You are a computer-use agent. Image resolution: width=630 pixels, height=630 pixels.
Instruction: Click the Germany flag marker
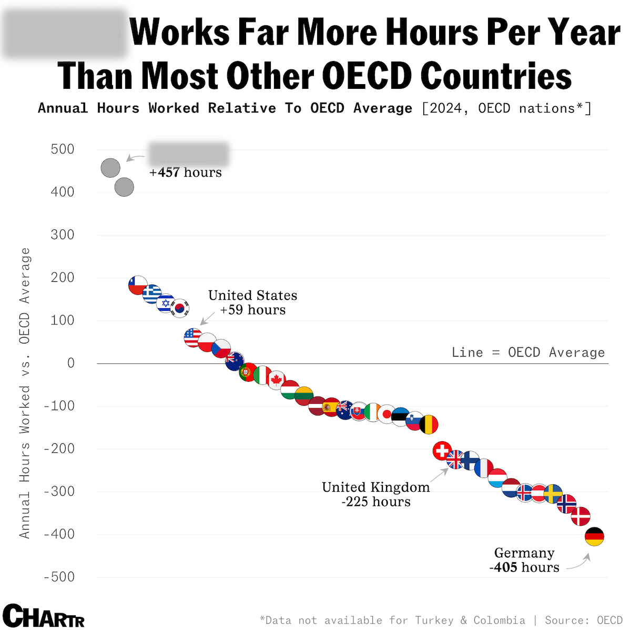(594, 536)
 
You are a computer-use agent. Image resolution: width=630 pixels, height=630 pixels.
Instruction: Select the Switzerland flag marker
(442, 451)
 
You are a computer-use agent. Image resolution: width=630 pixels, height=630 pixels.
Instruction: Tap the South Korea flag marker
(180, 308)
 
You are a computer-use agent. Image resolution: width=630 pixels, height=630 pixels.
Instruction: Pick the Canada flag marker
(276, 380)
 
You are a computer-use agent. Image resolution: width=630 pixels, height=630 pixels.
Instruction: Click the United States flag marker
(193, 337)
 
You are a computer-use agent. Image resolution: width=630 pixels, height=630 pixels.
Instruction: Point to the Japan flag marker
(387, 414)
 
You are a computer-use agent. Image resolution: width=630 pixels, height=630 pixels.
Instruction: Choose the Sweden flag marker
(553, 494)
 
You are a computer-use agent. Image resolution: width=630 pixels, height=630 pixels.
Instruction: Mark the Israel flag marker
(166, 303)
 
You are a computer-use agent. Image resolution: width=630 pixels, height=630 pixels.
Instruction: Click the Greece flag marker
(152, 293)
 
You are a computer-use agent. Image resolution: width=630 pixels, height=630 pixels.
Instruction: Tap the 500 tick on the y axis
(63, 149)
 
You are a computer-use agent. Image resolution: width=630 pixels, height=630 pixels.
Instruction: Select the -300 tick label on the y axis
(59, 492)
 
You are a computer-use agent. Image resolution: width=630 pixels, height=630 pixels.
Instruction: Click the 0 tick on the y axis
(70, 363)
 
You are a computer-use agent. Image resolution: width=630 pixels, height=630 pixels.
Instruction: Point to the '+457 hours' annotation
(186, 172)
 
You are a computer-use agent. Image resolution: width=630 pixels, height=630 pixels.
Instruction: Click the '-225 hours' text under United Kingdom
(376, 502)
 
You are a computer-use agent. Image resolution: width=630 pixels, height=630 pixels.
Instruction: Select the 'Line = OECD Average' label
(528, 352)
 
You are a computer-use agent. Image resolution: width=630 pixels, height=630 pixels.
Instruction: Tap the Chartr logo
(44, 616)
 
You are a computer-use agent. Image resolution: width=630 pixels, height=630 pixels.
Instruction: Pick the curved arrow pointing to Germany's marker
(579, 562)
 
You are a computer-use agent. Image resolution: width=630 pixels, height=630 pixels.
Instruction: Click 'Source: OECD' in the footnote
(583, 621)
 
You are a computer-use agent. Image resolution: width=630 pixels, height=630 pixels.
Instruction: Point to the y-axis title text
(25, 393)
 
